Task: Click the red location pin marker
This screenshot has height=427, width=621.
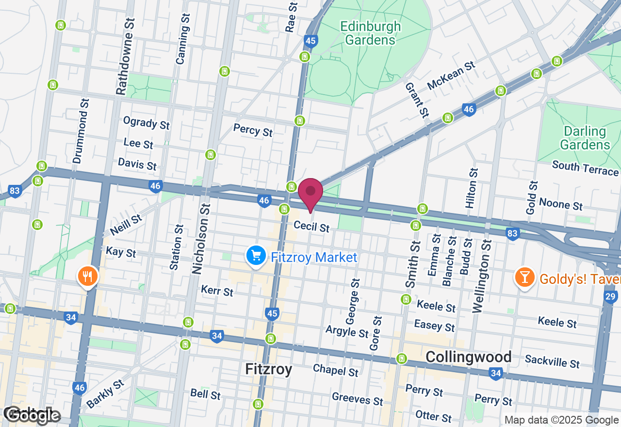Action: [x=310, y=193]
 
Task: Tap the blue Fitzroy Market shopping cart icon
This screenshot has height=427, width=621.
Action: [x=256, y=256]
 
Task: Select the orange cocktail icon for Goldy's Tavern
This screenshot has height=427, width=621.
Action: [x=524, y=278]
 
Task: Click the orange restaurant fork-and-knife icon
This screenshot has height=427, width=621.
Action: [x=88, y=277]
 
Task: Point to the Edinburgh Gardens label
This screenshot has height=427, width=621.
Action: [x=371, y=33]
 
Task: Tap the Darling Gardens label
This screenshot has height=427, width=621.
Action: [x=585, y=138]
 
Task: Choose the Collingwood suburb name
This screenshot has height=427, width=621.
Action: [x=468, y=357]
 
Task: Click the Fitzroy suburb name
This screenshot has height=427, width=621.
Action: [x=268, y=369]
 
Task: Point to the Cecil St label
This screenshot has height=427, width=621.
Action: [x=311, y=227]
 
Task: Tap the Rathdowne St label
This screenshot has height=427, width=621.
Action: [x=125, y=57]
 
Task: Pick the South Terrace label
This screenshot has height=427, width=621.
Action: [x=585, y=168]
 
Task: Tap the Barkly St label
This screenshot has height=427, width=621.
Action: [x=105, y=394]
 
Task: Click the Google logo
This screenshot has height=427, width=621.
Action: [x=32, y=415]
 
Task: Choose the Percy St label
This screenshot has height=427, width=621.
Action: [x=253, y=130]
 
